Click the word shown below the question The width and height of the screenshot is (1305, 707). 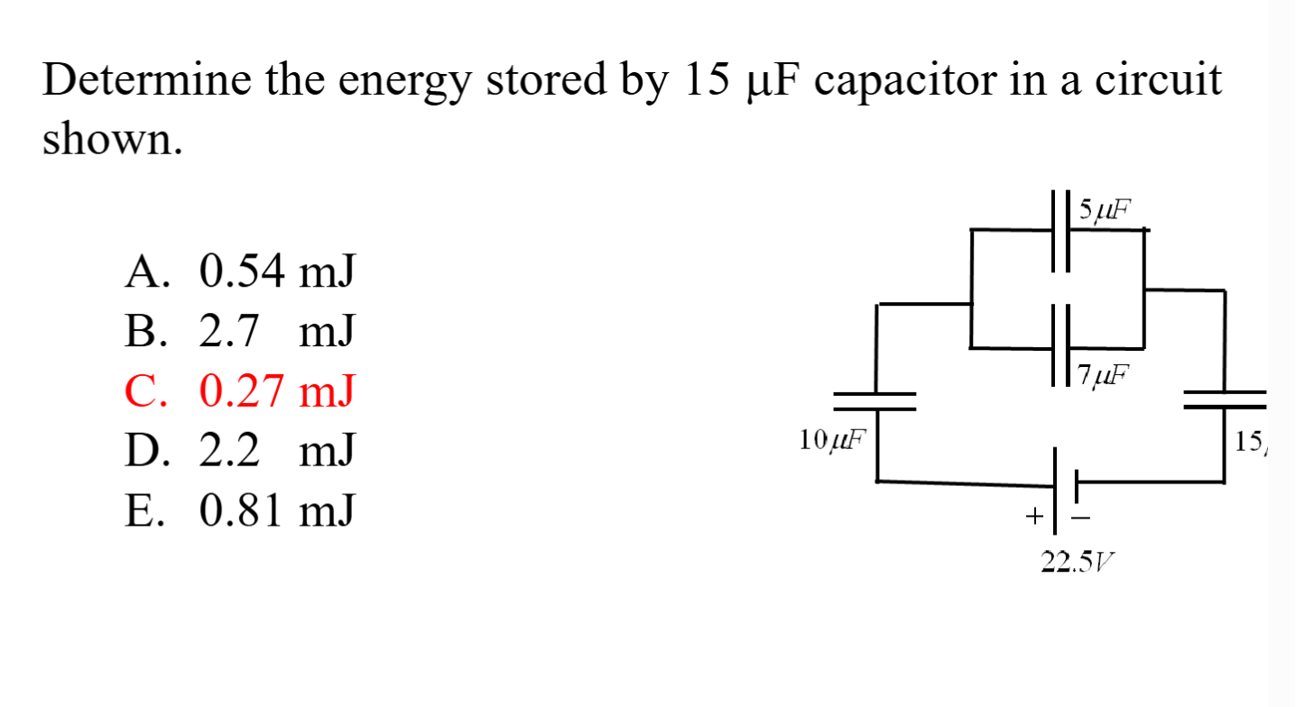(x=112, y=140)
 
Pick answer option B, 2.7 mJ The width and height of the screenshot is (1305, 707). (x=240, y=332)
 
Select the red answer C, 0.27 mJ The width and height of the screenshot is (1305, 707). (x=240, y=391)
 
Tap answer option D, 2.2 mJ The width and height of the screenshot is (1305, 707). (x=240, y=450)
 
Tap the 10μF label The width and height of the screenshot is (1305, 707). (x=831, y=440)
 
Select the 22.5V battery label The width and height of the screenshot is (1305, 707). (x=1077, y=563)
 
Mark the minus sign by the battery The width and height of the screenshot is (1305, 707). (x=1080, y=518)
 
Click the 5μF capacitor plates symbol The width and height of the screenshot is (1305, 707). (x=1061, y=230)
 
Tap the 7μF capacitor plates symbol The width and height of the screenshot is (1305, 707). (x=1061, y=346)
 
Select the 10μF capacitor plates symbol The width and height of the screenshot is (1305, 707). (x=875, y=401)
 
